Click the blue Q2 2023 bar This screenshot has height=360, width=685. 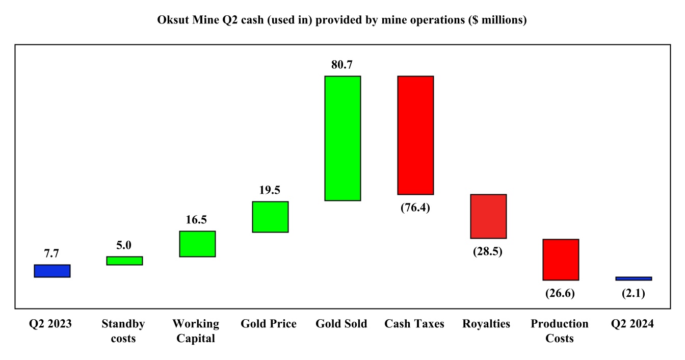point(52,271)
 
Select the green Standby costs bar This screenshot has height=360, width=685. point(124,261)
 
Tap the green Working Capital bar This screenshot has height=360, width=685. point(197,244)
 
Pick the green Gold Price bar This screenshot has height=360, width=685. point(270,217)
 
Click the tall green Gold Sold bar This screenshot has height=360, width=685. point(343,138)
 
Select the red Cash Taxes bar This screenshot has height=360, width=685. point(415,135)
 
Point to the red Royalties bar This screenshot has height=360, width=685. point(488,216)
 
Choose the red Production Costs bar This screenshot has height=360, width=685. point(561,260)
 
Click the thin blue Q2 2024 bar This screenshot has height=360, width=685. point(634,278)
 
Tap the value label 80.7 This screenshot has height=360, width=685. point(342,65)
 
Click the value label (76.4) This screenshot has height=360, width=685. point(415,208)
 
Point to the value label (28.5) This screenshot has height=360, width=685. point(488,251)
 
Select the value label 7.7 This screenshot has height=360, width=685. point(52,253)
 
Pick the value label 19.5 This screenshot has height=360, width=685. point(270,190)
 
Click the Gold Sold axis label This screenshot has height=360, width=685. point(341,324)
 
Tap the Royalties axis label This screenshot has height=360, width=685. point(486,324)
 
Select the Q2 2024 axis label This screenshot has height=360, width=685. point(633,324)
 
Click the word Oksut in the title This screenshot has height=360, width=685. point(173,20)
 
